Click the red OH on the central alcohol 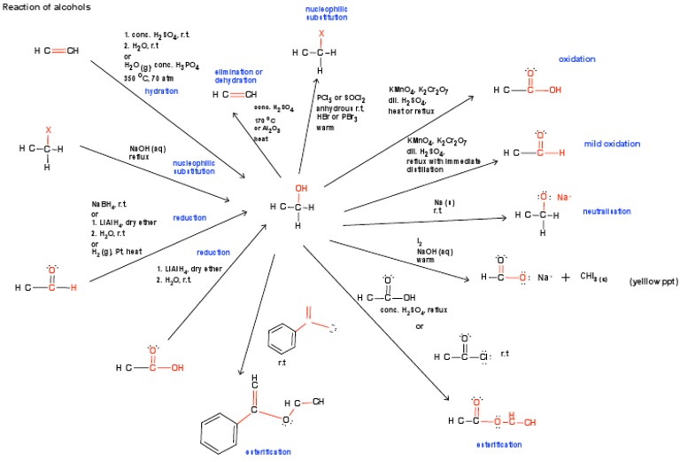[303, 188]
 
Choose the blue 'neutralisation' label [607, 212]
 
